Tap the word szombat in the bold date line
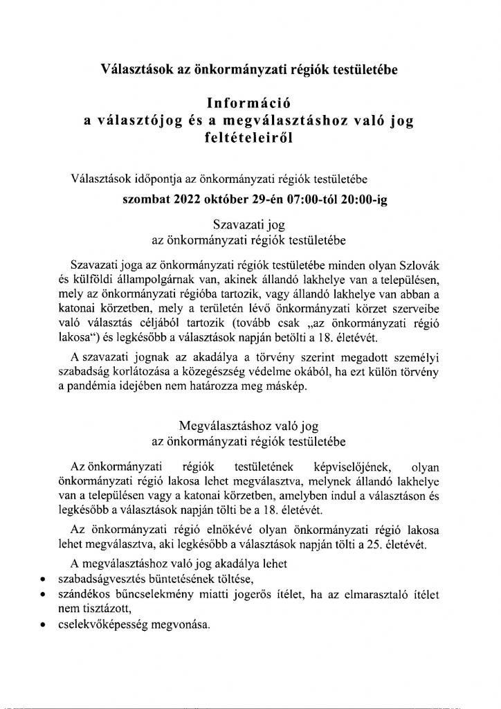145,197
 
